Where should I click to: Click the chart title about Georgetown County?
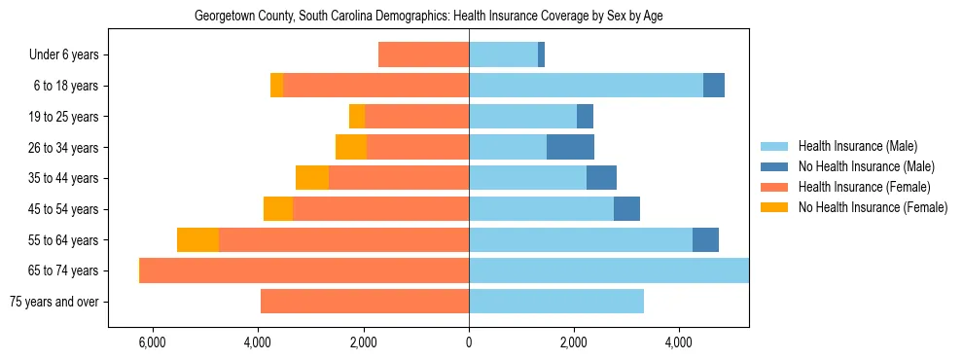[429, 17]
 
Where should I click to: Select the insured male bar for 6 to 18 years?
[586, 86]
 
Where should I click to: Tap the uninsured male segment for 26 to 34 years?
[570, 147]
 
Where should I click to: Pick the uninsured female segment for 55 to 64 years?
[197, 239]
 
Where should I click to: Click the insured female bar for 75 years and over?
[365, 302]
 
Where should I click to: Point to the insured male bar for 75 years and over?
[556, 302]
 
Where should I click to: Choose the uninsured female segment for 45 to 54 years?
[278, 209]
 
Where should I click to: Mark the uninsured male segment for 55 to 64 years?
[705, 239]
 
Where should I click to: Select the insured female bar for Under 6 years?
[423, 54]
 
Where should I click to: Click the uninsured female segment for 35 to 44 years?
[312, 178]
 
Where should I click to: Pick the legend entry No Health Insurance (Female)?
[872, 207]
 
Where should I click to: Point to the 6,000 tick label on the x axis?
[153, 342]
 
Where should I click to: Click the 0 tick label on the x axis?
[469, 342]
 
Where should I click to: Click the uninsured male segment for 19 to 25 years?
[585, 117]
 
